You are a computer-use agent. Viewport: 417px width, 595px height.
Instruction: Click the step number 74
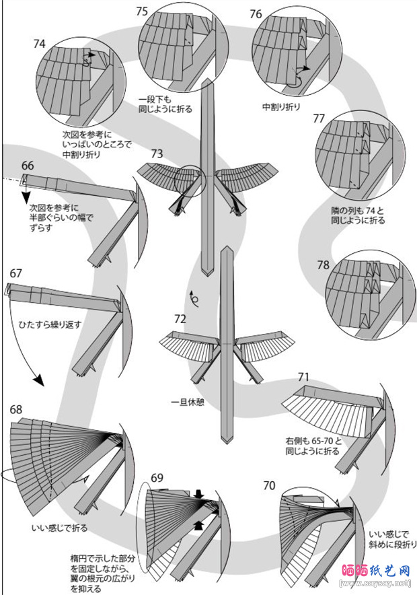tap(39, 44)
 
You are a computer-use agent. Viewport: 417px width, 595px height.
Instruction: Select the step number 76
tap(256, 14)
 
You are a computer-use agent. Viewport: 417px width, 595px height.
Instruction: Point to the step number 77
tap(319, 118)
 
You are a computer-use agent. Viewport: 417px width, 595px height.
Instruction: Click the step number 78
tap(323, 265)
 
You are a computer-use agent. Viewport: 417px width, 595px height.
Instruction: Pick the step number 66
tap(28, 166)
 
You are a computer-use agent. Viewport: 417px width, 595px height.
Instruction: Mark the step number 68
tap(16, 409)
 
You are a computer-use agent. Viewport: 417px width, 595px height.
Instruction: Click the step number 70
tap(269, 485)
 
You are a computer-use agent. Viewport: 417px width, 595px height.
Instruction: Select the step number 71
tap(303, 377)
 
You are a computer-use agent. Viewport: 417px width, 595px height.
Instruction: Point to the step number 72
tap(180, 318)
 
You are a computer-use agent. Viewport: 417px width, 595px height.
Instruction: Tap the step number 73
tap(157, 153)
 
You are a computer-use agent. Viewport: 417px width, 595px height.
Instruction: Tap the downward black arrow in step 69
tap(198, 495)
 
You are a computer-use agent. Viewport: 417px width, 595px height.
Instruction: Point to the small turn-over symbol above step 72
tap(194, 297)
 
